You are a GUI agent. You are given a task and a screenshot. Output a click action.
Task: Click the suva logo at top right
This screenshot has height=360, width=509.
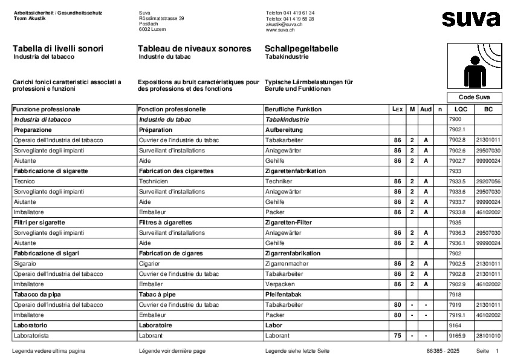tap(471, 19)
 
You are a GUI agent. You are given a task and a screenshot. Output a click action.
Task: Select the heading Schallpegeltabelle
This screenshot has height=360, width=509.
tap(301, 48)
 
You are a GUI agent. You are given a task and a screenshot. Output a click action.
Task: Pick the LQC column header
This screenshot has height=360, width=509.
tap(461, 110)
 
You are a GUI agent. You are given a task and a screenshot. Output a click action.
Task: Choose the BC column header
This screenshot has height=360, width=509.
tap(488, 110)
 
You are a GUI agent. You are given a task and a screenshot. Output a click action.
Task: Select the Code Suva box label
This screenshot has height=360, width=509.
tap(475, 97)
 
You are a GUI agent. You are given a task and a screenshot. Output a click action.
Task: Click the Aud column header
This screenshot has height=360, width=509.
tap(426, 110)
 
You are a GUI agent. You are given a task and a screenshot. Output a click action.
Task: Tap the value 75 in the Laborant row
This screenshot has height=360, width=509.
tap(397, 335)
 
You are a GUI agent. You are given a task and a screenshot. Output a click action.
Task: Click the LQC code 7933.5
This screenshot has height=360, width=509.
tap(458, 181)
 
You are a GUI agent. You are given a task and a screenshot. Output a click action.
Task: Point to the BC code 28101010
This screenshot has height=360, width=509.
tap(488, 335)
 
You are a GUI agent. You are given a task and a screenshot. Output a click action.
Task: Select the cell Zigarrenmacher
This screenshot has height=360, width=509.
tap(288, 264)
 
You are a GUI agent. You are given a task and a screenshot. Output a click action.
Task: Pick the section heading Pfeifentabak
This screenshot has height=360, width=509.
tap(284, 294)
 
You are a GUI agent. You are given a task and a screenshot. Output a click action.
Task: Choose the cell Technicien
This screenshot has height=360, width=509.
tap(154, 181)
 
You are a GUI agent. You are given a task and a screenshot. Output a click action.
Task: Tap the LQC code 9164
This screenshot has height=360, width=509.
tap(455, 325)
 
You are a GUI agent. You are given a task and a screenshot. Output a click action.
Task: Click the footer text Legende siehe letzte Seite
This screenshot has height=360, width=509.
tap(297, 351)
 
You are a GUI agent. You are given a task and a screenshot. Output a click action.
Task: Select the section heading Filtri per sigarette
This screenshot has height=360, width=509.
tap(39, 222)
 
